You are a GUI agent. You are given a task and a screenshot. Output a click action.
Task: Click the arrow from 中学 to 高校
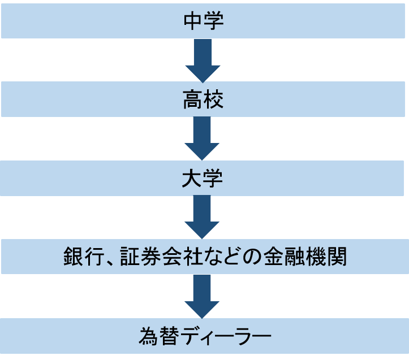click(202, 60)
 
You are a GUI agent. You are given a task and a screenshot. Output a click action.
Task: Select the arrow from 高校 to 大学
click(202, 138)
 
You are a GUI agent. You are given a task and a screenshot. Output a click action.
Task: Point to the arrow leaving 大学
click(202, 217)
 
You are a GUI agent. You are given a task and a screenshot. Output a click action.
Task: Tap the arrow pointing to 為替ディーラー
click(202, 296)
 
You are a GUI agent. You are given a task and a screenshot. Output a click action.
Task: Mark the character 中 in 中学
click(193, 21)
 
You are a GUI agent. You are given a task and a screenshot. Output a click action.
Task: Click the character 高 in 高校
click(192, 100)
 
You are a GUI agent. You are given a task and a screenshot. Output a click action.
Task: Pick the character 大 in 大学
click(192, 179)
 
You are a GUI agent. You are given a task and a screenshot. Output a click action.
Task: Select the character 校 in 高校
click(214, 100)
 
